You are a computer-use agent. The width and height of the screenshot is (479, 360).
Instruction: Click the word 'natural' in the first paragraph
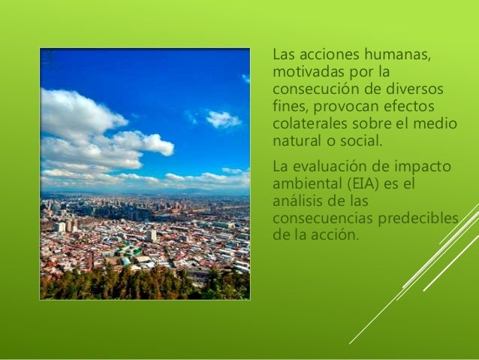coord(294,140)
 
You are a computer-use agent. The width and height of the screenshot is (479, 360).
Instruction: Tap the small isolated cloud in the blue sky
coord(223,119)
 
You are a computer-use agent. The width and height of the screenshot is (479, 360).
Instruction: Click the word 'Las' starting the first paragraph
coord(284,55)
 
